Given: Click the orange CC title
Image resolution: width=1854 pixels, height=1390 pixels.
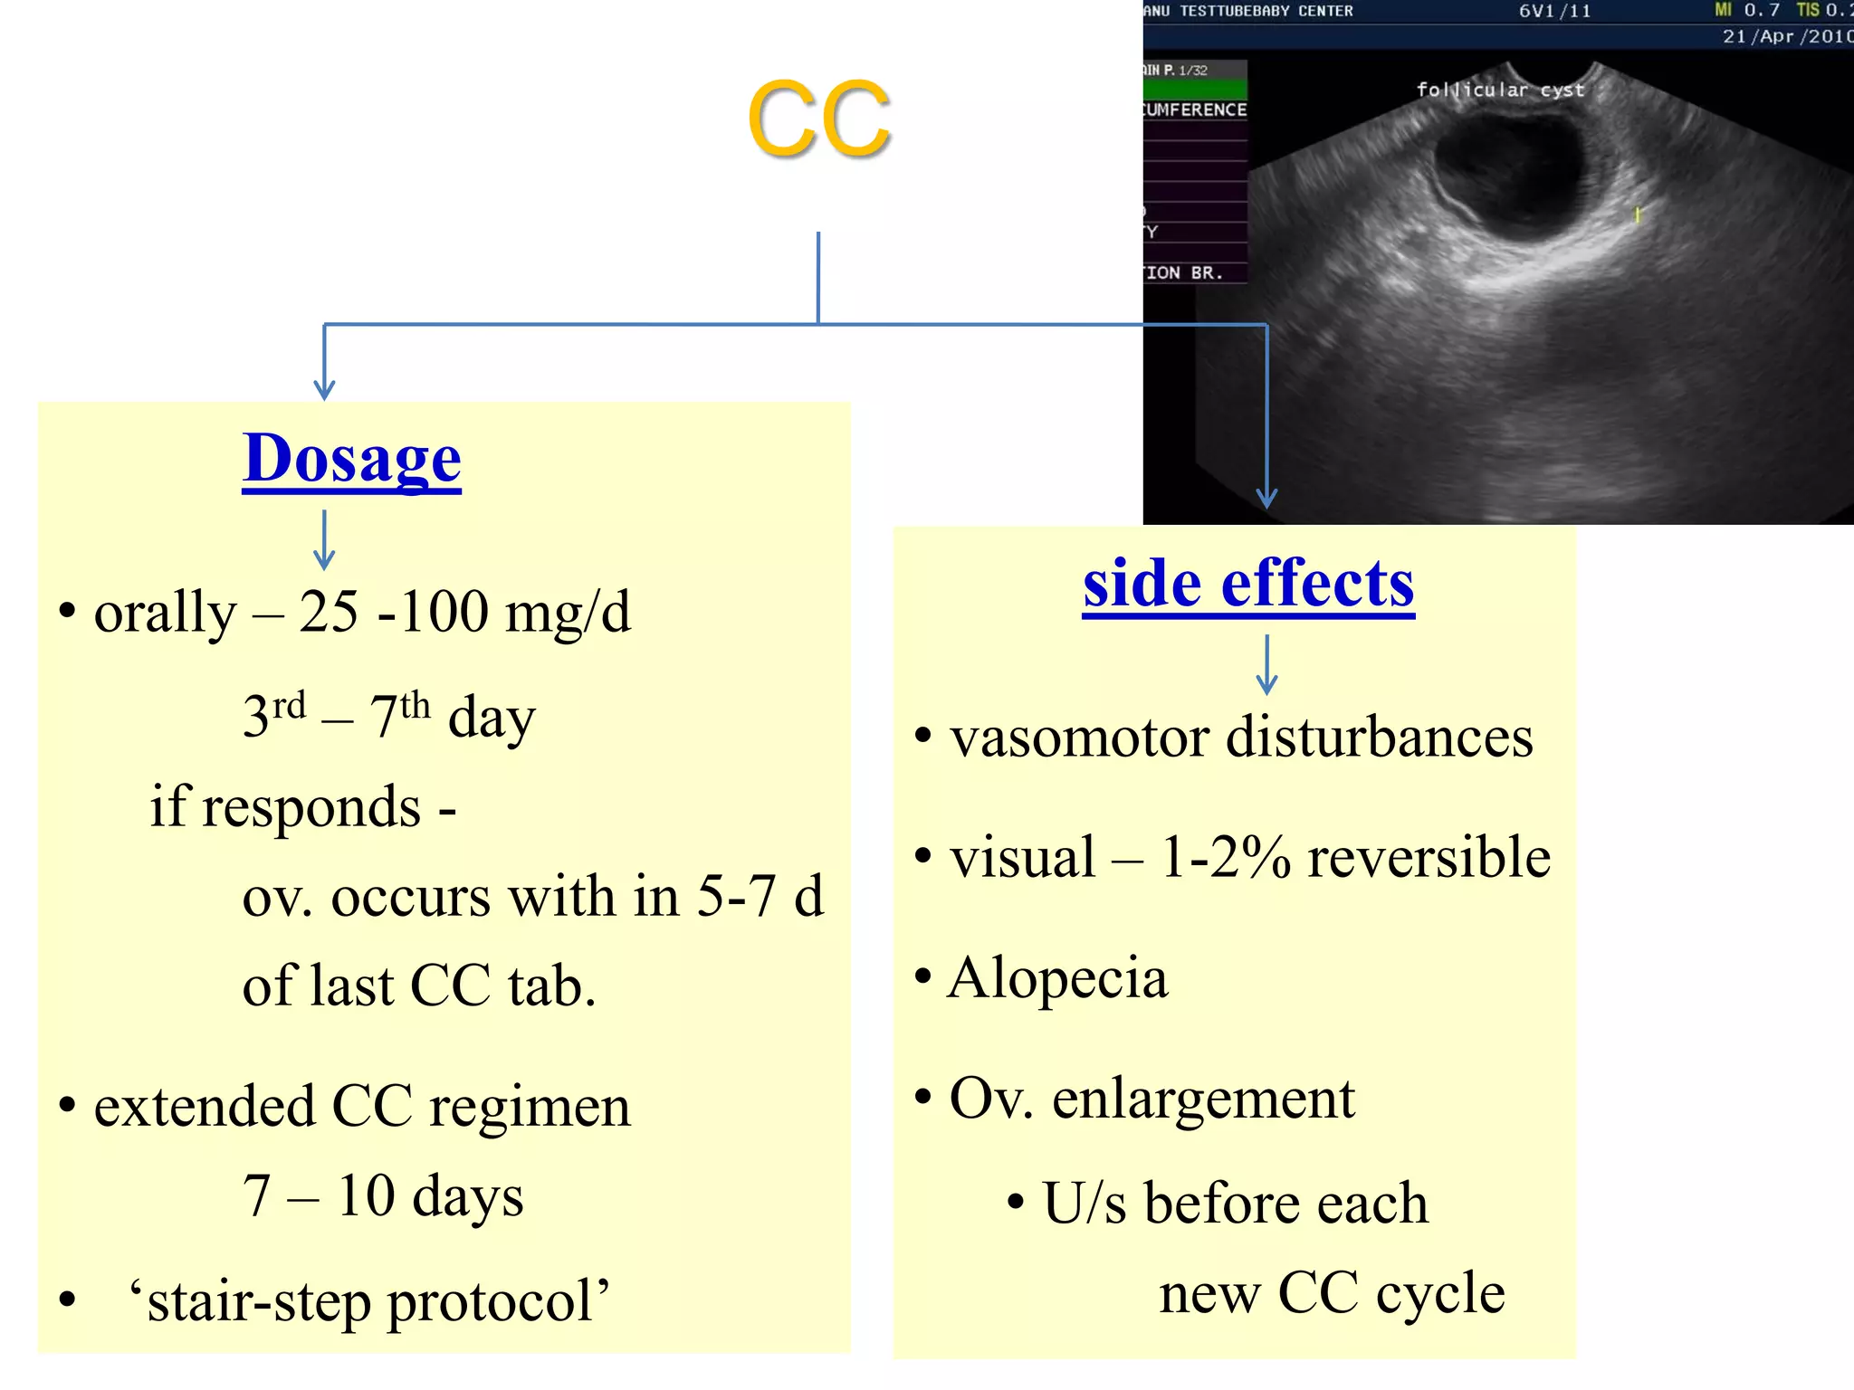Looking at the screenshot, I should pos(819,119).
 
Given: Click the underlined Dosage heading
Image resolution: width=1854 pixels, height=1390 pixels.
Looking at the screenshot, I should pos(351,459).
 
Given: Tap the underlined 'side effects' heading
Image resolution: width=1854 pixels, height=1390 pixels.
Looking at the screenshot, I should pos(1248,584).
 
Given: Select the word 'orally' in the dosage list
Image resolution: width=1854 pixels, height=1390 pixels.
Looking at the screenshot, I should pos(165,613).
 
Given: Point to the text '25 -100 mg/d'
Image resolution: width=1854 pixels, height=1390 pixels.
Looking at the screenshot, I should pos(464,613).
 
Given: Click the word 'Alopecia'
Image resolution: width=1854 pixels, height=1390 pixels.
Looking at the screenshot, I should pos(1057,978).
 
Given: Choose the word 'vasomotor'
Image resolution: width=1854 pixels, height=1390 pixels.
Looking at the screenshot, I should pos(1079,737).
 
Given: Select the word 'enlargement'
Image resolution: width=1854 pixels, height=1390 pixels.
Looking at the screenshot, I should pos(1203,1099).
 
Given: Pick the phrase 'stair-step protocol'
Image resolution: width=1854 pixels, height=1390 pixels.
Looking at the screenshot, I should pos(369,1301).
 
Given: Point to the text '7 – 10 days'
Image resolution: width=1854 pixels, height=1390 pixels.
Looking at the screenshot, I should pos(383,1196).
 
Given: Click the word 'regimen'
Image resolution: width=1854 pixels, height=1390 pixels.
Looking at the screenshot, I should pos(530,1107).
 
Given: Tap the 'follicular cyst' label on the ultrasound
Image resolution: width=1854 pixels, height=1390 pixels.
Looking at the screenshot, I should pos(1500,90).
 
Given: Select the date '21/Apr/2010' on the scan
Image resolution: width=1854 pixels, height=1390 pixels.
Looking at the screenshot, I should pos(1786,36).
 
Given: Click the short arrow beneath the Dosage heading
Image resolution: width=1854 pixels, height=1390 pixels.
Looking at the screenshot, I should pos(324,539).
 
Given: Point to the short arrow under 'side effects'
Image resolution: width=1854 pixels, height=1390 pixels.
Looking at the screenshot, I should pos(1266,664).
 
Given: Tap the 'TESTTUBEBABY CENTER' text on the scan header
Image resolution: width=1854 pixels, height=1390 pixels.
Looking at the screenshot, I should pos(1266,11).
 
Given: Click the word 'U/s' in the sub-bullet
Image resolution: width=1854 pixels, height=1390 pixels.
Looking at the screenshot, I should pos(1084,1204).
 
